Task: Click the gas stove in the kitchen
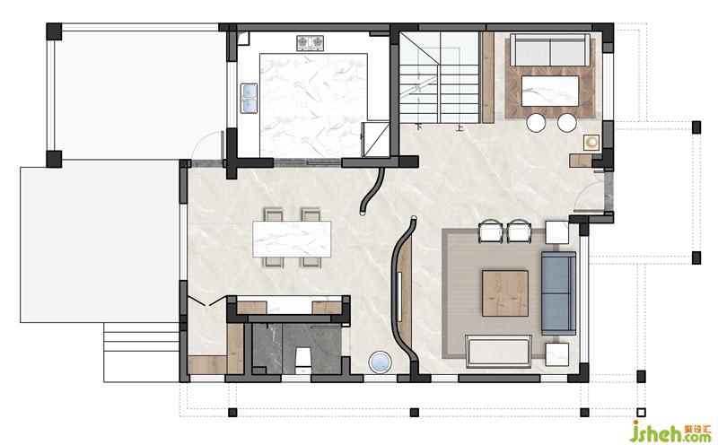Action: click(310, 43)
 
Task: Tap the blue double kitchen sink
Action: click(249, 98)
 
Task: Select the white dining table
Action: click(292, 239)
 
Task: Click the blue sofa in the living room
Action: click(558, 293)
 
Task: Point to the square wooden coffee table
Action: click(505, 293)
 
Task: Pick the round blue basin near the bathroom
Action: click(380, 362)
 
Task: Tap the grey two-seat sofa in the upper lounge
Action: click(550, 50)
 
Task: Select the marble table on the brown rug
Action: click(550, 91)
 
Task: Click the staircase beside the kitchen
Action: click(440, 76)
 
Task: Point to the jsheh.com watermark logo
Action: click(670, 432)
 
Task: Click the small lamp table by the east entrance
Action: click(591, 143)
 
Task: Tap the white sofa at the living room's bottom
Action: click(499, 352)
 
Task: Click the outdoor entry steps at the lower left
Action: click(141, 352)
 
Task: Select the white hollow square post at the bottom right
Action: click(641, 413)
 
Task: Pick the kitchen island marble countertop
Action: click(313, 105)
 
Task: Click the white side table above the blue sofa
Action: click(556, 232)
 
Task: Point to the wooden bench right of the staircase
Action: click(488, 77)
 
